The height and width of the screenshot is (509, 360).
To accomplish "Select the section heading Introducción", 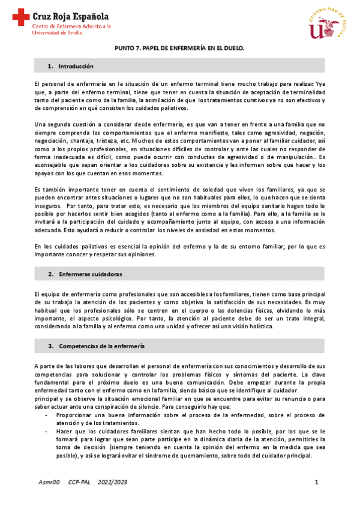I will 77,65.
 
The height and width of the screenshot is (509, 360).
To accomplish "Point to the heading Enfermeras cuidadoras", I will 91,274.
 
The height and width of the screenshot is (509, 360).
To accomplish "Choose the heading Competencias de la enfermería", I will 101,346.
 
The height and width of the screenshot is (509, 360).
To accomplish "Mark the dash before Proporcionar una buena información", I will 47,414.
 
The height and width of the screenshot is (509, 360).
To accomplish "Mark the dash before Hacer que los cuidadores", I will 47,430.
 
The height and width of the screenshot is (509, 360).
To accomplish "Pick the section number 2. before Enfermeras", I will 51,274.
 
